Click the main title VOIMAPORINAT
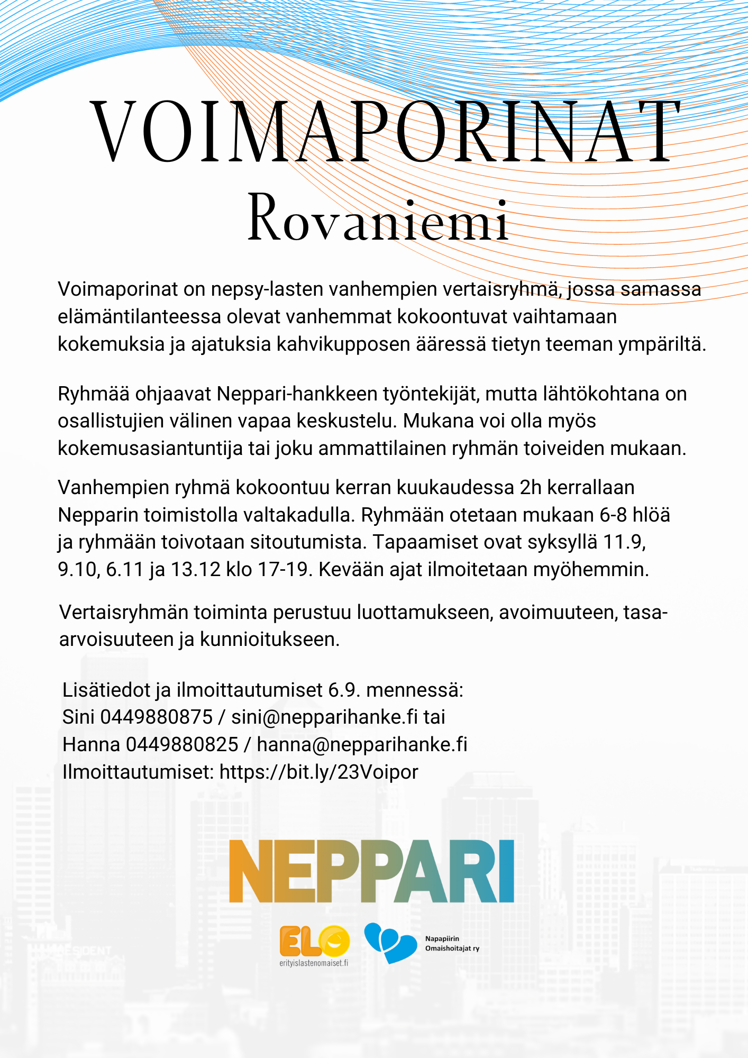coord(385,132)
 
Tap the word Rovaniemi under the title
coord(378,218)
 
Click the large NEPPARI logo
coord(371,871)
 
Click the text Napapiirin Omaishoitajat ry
coord(452,943)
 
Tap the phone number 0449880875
coord(157,717)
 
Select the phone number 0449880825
coord(182,745)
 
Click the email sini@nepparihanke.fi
coord(324,717)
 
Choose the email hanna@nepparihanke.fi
coord(362,745)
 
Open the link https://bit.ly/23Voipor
coord(318,772)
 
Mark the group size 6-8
coord(613,515)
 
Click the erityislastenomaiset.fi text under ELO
coord(314,963)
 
